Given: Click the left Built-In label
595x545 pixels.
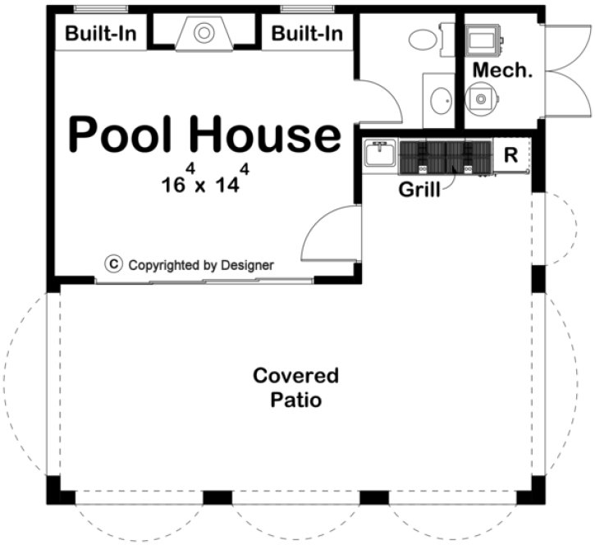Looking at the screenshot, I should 101,34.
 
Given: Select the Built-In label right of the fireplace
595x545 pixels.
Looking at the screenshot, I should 307,34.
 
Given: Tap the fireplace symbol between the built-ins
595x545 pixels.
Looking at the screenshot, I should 204,34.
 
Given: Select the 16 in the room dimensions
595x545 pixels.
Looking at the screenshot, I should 172,184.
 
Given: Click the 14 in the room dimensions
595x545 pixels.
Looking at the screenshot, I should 226,184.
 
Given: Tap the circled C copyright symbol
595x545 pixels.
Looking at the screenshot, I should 114,264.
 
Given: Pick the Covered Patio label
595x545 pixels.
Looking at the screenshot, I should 295,388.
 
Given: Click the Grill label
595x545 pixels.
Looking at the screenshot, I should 419,190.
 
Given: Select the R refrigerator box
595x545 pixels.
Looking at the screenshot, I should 510,155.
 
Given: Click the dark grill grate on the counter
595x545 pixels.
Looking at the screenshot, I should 444,157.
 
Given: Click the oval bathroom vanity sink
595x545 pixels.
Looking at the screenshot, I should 441,100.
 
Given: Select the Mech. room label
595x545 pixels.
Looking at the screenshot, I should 502,71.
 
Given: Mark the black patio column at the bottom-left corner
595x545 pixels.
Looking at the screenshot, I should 54,490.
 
